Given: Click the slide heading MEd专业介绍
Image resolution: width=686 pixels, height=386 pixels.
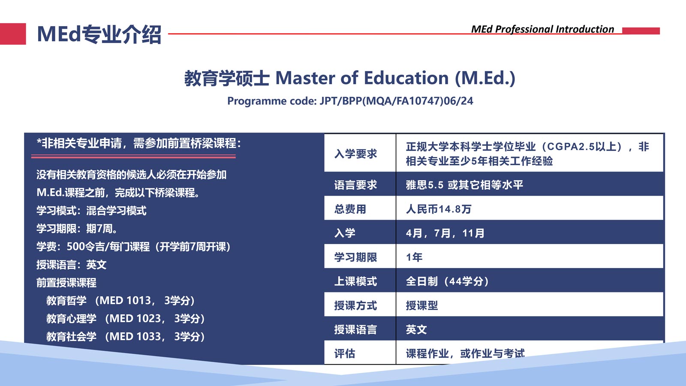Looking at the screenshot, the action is point(99,34).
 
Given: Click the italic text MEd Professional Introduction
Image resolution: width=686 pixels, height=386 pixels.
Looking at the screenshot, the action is point(542,29).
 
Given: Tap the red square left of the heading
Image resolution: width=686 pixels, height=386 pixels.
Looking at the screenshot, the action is point(13,34).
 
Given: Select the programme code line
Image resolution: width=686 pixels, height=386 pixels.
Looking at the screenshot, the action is point(350,101).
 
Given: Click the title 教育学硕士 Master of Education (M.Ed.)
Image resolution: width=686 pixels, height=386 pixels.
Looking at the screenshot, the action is point(350,78).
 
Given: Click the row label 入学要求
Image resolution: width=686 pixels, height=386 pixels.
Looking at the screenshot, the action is point(355,154).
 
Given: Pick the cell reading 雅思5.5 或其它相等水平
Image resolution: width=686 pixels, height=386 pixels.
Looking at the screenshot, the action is point(464,185).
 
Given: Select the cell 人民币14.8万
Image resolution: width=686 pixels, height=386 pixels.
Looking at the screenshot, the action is point(439,209).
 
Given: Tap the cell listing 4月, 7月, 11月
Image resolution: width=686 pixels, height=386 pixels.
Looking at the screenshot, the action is point(445,233).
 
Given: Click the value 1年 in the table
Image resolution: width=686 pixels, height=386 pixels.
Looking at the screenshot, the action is point(414,257).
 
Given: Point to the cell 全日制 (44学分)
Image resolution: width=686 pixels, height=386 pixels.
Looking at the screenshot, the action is point(447,281).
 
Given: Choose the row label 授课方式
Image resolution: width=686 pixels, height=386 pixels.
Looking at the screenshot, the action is point(355,306).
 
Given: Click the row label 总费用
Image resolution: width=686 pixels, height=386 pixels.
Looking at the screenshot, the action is point(350,209).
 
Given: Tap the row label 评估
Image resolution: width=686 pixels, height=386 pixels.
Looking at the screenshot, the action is point(345,354).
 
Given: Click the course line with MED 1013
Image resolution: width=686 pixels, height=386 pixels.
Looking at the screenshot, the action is point(120,301).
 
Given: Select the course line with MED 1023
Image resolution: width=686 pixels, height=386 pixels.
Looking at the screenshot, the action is point(125,319).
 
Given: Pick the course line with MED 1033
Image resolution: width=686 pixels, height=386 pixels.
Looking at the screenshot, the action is point(125,337).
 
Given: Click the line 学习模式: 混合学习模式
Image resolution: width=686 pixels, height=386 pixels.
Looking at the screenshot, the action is point(91,211).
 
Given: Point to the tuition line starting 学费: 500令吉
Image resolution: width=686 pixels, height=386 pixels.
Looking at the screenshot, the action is point(133,247).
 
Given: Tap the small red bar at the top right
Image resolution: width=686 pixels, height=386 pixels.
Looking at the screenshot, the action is point(641,30).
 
